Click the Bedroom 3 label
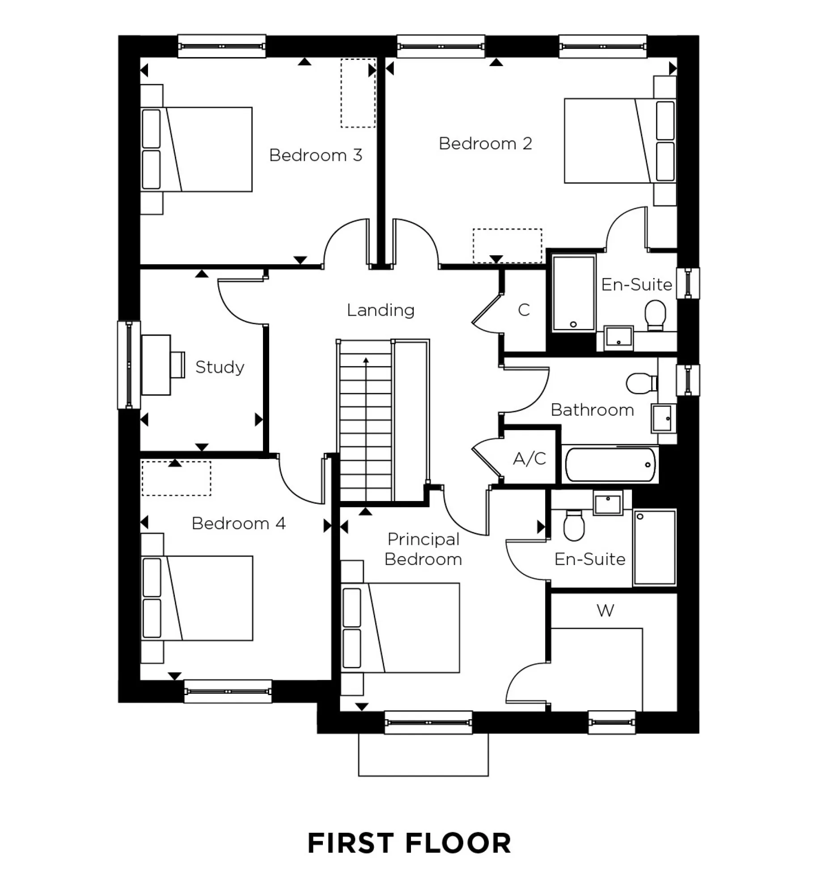coord(315,155)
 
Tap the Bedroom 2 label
coord(485,143)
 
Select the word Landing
coord(381,310)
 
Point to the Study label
coord(220,367)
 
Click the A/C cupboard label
coord(529,459)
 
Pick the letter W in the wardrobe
coord(605,611)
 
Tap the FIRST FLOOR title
coord(409,844)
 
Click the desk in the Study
coord(156,365)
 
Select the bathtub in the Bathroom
coord(610,465)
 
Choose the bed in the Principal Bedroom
coord(400,628)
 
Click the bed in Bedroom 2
coord(619,141)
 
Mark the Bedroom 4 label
coord(238,523)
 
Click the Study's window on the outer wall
coord(129,365)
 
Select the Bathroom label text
coord(592,410)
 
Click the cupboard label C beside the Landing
coord(524,310)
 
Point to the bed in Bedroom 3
coord(197,149)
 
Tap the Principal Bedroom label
coord(423,549)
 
